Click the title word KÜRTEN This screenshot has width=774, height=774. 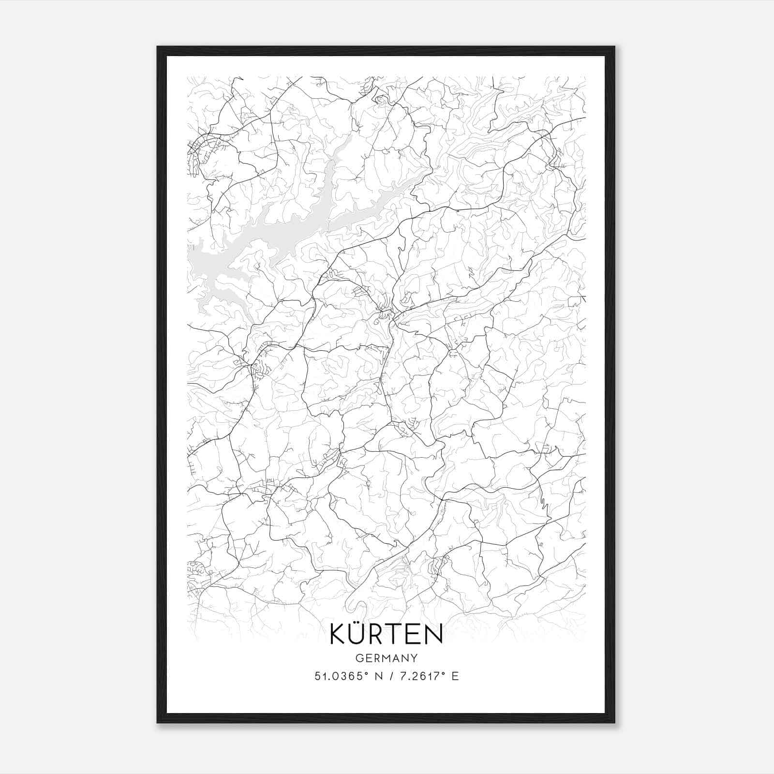386,634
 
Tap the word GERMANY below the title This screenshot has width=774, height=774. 386,658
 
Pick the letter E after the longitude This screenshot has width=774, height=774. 455,676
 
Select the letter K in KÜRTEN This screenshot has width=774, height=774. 337,635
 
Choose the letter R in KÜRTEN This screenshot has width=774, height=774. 378,635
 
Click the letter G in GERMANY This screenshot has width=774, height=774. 358,658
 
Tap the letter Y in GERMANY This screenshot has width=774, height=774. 415,658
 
